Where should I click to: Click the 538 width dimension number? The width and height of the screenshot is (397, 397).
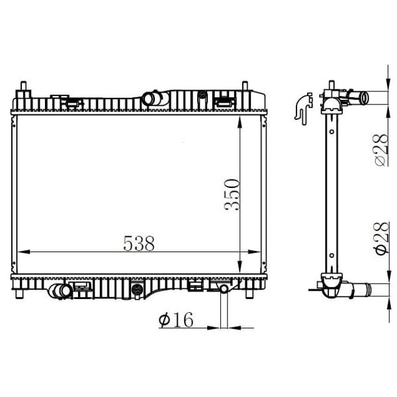139,243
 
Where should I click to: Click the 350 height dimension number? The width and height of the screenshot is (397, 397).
232,195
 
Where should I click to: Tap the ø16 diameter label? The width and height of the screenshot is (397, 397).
176,320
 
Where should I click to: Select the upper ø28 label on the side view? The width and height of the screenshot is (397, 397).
382,150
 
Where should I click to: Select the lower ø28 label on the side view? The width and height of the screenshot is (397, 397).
382,238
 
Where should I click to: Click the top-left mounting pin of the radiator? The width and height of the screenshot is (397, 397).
24,85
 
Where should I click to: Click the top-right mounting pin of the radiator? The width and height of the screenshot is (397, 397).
245,85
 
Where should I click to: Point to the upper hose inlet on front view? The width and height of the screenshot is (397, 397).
150,99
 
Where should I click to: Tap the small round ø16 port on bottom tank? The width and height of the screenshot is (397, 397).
224,288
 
